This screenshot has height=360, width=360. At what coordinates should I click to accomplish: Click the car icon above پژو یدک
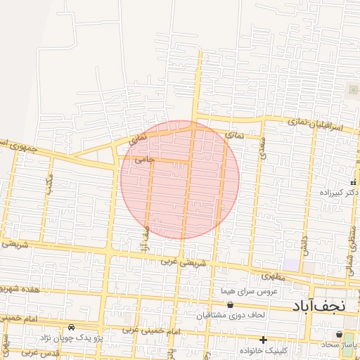[72, 328]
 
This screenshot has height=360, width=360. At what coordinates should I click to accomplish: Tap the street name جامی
[144, 160]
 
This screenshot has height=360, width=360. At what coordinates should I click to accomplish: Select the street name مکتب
[49, 185]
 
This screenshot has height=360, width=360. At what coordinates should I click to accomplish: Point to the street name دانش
[304, 243]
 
